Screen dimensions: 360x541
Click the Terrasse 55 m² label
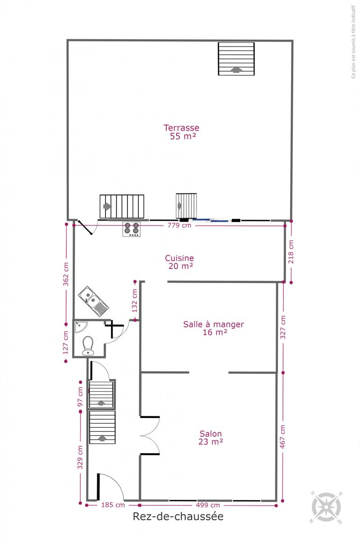[x=181, y=132]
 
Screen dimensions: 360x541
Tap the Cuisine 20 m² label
[x=179, y=262]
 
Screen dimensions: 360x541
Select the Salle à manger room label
[x=214, y=324]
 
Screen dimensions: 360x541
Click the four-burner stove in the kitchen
[x=132, y=229]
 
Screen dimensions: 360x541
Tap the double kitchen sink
[x=93, y=301]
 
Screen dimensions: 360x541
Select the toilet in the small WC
[x=88, y=346]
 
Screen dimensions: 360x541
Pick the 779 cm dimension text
[x=179, y=225]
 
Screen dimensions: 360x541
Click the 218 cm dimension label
[x=291, y=252]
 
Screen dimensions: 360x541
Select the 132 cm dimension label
[x=135, y=300]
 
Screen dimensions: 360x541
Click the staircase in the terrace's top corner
[x=236, y=59]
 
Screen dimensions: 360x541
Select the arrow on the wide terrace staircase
[x=106, y=206]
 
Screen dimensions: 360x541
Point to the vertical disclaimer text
[x=354, y=42]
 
